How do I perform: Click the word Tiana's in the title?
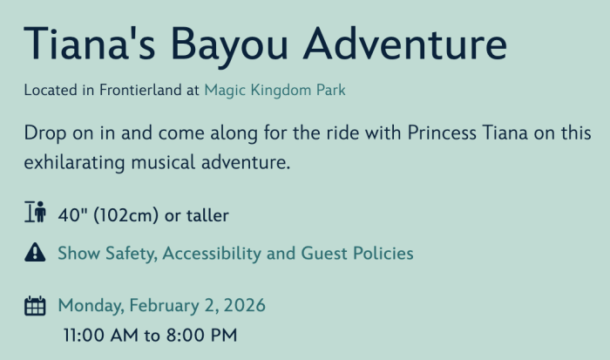click(x=90, y=44)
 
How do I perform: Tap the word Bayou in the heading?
click(x=229, y=47)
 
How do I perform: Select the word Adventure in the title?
click(x=405, y=44)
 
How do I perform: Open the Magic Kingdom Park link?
click(x=275, y=91)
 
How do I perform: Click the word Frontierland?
click(x=140, y=90)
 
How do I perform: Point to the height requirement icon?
click(x=36, y=212)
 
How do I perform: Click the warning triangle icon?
click(x=35, y=252)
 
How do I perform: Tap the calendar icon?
click(x=35, y=306)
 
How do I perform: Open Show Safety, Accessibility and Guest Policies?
click(x=235, y=254)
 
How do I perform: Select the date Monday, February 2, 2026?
click(x=162, y=305)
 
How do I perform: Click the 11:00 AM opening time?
click(x=101, y=335)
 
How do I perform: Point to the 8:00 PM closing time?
click(x=202, y=335)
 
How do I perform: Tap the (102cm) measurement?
click(x=126, y=215)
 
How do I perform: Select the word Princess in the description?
click(x=442, y=133)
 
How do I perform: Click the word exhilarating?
click(x=74, y=163)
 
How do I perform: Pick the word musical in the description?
click(x=163, y=162)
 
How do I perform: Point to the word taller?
click(x=207, y=215)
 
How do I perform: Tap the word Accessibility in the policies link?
click(x=212, y=254)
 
